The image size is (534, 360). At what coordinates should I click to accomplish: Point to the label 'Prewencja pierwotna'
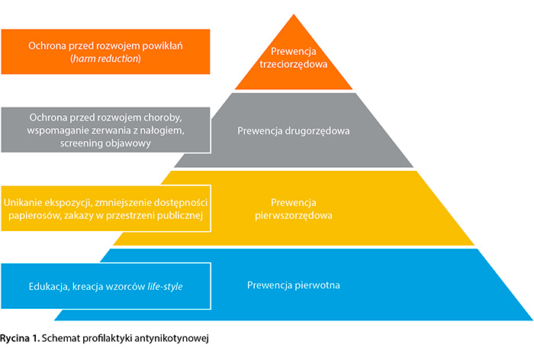(294, 285)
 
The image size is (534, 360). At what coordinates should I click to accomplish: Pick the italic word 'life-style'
(163, 285)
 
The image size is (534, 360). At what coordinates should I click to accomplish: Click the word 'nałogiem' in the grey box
(169, 130)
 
